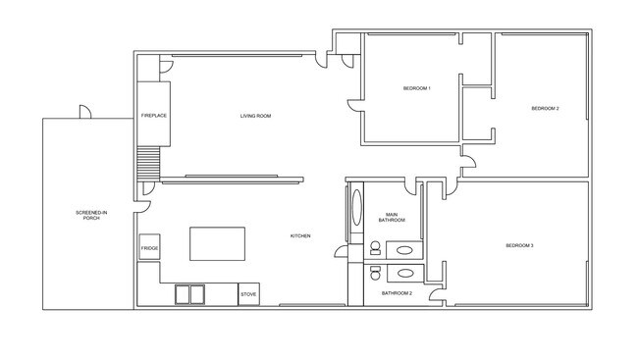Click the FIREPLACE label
[153, 117]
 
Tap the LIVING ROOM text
[255, 117]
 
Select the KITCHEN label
[300, 236]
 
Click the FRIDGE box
[149, 248]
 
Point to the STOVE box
[248, 293]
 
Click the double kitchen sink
[189, 293]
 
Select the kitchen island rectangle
[217, 243]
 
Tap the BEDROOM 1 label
[417, 89]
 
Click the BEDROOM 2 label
[545, 108]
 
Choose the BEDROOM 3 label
[519, 245]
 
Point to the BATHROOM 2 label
[397, 293]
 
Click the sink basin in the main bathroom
[403, 250]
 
